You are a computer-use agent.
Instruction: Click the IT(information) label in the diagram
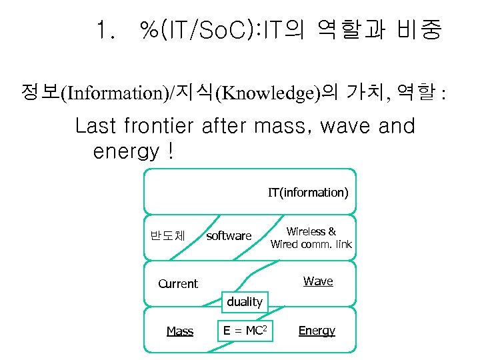308,193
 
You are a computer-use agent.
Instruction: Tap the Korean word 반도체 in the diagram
167,235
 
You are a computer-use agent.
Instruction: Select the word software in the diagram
229,236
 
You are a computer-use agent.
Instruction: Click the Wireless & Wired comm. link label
311,238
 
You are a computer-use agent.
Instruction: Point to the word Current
177,283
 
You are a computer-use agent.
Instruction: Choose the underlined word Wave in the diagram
318,281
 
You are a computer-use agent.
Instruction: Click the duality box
245,302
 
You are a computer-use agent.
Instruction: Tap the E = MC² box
245,330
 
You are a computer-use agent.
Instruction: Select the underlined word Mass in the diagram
179,331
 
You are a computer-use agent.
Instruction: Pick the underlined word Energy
317,331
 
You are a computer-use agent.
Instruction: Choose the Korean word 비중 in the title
418,31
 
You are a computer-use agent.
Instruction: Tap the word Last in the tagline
99,125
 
